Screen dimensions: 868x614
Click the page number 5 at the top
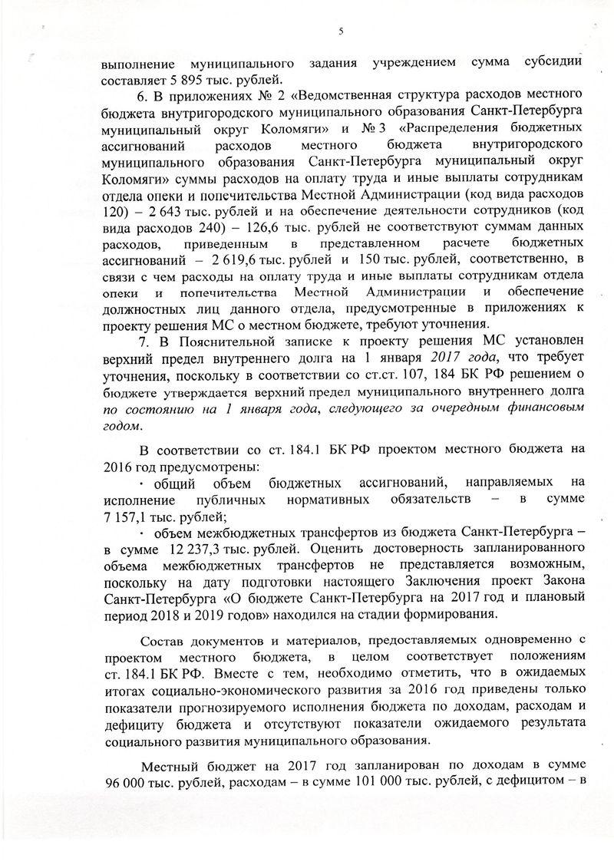coord(340,31)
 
